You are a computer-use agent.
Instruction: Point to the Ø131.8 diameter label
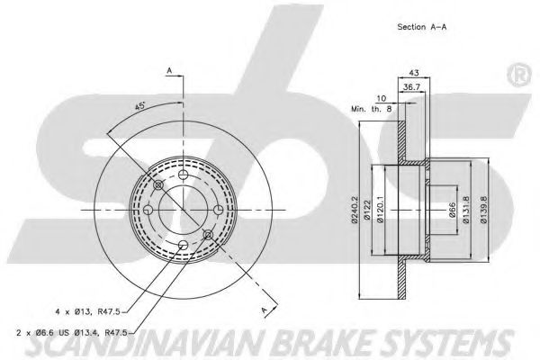466,211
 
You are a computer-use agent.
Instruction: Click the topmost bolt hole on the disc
183,175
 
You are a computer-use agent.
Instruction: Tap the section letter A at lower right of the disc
265,310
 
